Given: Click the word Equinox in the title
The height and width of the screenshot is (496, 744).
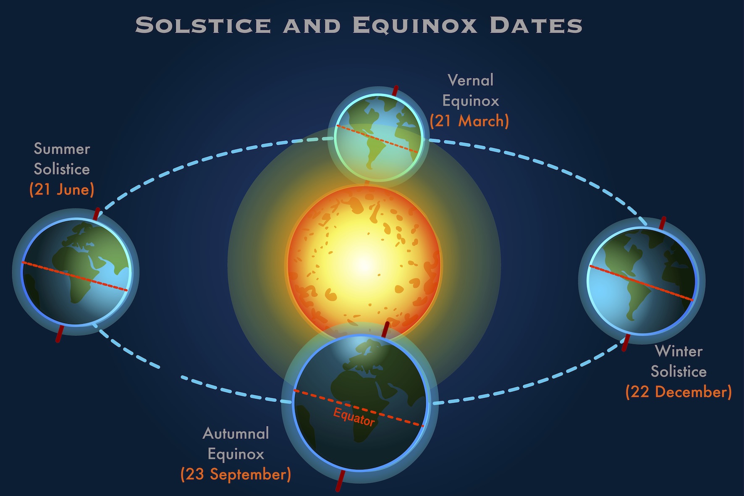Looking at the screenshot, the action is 415,25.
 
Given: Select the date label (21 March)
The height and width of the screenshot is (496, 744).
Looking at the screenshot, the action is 469,121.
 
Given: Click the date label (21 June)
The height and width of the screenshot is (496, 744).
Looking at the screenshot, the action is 62,189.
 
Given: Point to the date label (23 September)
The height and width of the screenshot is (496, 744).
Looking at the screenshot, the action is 236,474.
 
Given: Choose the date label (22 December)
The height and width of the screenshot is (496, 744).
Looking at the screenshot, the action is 679,392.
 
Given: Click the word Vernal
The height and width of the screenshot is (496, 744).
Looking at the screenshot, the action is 471,80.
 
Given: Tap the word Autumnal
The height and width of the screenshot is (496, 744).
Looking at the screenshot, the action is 236,433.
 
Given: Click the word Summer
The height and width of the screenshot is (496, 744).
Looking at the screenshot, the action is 62,149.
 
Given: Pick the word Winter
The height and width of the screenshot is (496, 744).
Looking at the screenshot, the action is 679,351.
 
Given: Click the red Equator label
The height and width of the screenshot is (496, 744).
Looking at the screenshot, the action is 354,417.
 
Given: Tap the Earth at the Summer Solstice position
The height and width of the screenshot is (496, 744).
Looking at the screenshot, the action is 76,272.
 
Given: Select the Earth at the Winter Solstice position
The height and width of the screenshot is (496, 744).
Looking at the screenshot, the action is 642,281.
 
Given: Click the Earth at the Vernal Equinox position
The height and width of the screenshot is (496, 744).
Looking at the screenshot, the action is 378,137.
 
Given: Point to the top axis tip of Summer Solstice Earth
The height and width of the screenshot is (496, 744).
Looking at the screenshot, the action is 99,209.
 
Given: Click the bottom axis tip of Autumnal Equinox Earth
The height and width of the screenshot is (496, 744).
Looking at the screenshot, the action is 338,489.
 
